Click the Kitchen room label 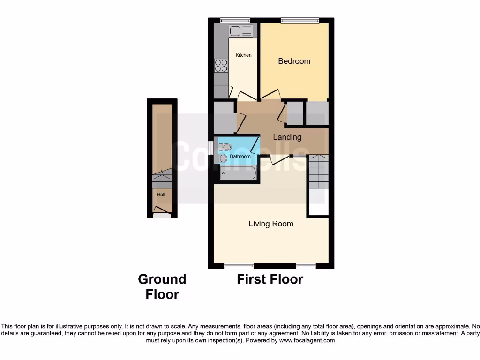[x=243, y=55]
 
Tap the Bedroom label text [x=294, y=61]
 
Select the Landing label [x=287, y=137]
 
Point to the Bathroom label [x=240, y=156]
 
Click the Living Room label [x=271, y=224]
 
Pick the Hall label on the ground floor [x=161, y=194]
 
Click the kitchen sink [x=241, y=31]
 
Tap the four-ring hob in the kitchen [x=221, y=66]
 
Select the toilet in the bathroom [x=223, y=147]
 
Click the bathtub [x=239, y=174]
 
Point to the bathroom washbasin [x=223, y=159]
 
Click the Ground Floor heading [x=162, y=286]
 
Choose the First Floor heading [x=270, y=279]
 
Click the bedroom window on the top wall [x=300, y=20]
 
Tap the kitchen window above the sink [x=235, y=20]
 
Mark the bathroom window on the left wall [x=211, y=147]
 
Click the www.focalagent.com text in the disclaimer [x=307, y=340]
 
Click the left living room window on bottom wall [x=239, y=266]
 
